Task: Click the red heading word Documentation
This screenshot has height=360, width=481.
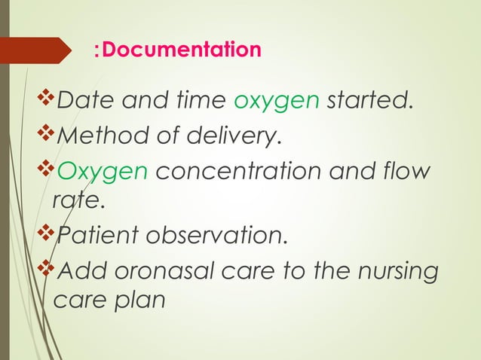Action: coord(182,50)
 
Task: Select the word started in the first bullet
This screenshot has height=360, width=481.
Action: coord(369,101)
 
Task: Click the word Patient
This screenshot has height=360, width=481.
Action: coord(93,237)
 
